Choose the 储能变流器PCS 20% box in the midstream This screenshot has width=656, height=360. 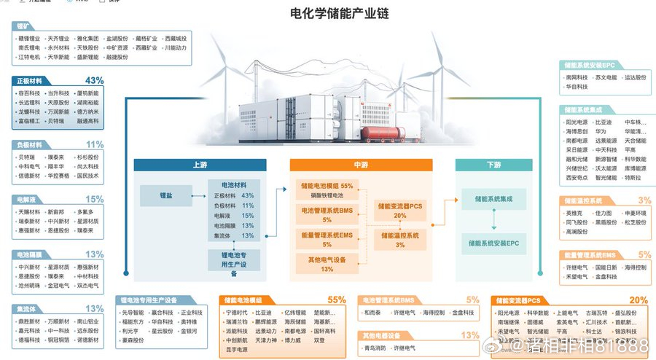[400, 211]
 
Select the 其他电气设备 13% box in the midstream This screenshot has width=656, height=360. [327, 264]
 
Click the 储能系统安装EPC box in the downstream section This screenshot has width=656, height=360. [493, 242]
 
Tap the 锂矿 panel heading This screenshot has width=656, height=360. [25, 26]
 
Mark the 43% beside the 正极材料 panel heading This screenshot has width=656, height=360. [94, 80]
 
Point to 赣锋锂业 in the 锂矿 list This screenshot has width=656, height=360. [28, 38]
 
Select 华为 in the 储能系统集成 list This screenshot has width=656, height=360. [601, 131]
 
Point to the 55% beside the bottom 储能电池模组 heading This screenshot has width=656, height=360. [336, 300]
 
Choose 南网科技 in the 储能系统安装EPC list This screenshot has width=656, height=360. [575, 77]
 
